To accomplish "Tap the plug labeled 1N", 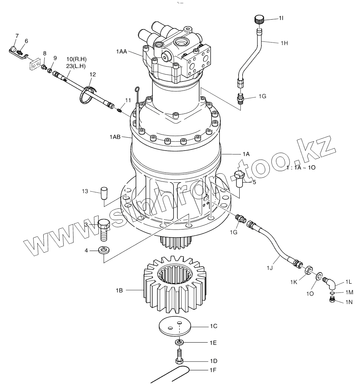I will point(332,299).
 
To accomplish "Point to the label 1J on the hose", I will point(269,268).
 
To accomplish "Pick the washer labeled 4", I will point(104,250).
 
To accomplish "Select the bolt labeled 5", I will point(240,179).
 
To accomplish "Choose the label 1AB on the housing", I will point(115,137).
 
